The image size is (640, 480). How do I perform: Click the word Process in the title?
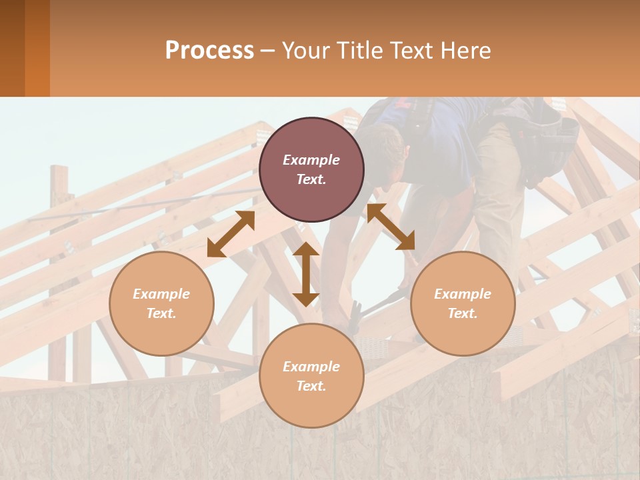(x=209, y=51)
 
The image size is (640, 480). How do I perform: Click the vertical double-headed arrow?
(x=306, y=274)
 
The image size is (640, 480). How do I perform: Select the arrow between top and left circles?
(x=231, y=234)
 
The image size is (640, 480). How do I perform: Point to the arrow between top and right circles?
(x=391, y=227)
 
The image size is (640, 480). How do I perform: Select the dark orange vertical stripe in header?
(x=37, y=48)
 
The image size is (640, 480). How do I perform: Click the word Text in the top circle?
(x=311, y=179)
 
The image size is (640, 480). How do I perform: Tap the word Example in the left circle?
(x=161, y=294)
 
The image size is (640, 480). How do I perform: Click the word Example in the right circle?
(x=463, y=294)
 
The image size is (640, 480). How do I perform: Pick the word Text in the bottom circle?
(x=311, y=386)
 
